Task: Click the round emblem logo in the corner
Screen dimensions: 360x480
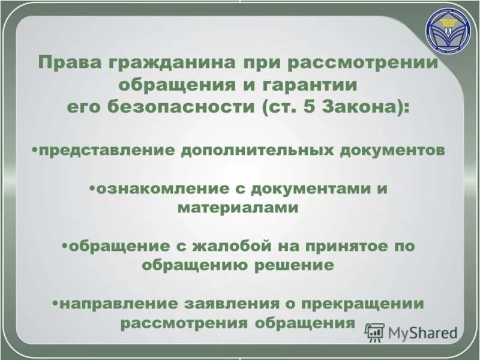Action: point(450,35)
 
